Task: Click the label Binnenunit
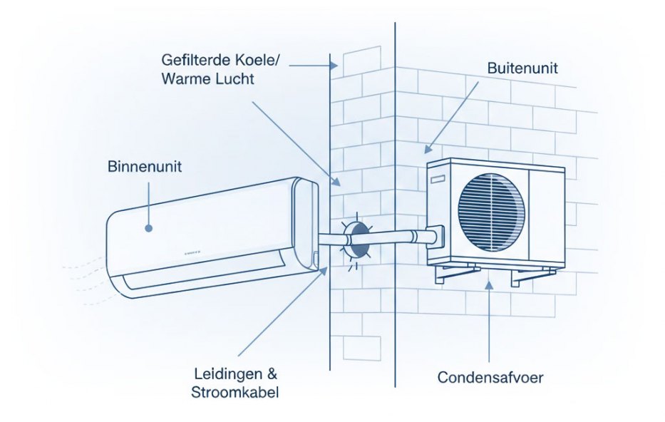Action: coord(145,168)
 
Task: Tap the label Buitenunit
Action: coord(522,69)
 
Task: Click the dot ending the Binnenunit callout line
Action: coord(148,228)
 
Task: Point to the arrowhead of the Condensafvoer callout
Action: coord(488,284)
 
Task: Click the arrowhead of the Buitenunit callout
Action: coord(426,150)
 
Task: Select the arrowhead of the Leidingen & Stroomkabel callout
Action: coord(327,269)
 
